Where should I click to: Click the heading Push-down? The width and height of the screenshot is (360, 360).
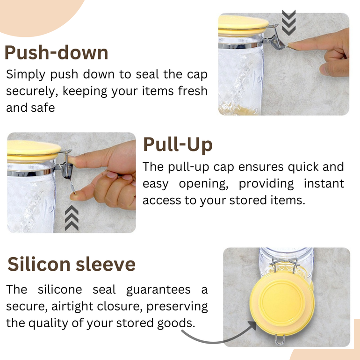coord(56,52)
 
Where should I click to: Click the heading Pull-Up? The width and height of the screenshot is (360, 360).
coord(178,144)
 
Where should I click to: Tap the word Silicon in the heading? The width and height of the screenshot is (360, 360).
coord(39,264)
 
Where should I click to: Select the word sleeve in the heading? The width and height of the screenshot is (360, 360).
coord(106,264)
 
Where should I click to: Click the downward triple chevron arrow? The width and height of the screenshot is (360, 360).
coord(288,22)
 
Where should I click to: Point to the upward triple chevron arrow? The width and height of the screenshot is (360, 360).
coord(72,218)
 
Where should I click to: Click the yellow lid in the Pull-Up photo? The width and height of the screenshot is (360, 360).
coord(34,151)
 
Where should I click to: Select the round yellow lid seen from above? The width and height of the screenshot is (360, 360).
coord(282,304)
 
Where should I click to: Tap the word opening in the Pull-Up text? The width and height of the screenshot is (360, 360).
coord(203,184)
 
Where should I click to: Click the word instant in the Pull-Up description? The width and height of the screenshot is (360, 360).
coord(324,183)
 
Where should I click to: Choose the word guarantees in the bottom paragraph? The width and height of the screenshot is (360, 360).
coord(158,290)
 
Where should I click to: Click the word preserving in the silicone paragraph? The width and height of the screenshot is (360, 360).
coord(177,307)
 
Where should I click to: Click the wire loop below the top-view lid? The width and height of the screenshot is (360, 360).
coord(280,340)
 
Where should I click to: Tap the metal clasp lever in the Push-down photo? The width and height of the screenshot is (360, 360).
coord(278,38)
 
